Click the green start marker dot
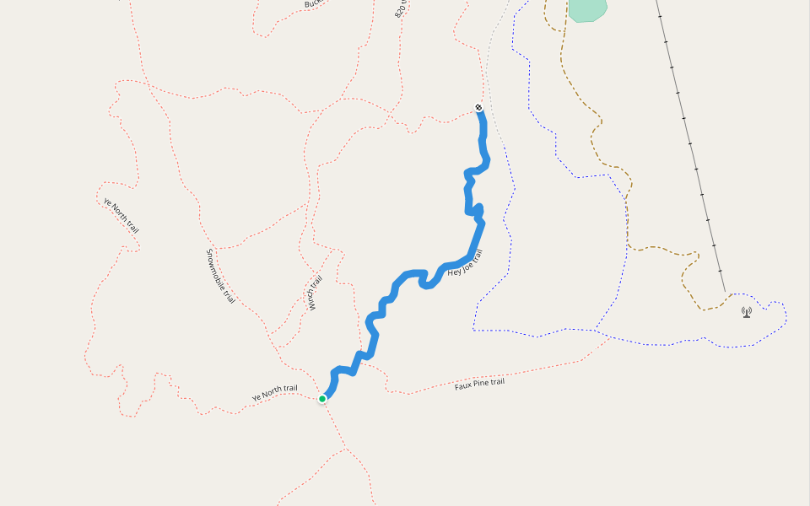[322, 399]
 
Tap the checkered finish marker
[478, 108]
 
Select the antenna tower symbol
[747, 312]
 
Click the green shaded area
[587, 9]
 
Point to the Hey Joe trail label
[465, 263]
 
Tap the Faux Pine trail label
[479, 384]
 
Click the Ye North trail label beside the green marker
[274, 392]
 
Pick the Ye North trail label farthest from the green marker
[121, 216]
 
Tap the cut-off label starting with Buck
[314, 4]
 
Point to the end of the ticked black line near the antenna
[724, 291]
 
